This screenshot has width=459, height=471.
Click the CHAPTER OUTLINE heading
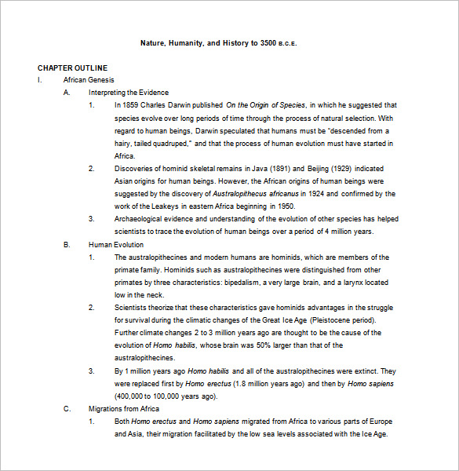[72, 68]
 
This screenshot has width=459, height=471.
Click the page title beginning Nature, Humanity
[219, 42]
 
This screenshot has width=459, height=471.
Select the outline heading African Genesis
[89, 80]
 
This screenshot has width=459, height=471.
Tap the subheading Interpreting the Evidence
[128, 93]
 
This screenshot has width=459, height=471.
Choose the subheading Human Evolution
[115, 245]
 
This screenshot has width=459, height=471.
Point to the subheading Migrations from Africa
[124, 409]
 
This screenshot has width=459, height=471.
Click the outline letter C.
[67, 409]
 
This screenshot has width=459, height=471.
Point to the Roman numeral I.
[38, 80]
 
